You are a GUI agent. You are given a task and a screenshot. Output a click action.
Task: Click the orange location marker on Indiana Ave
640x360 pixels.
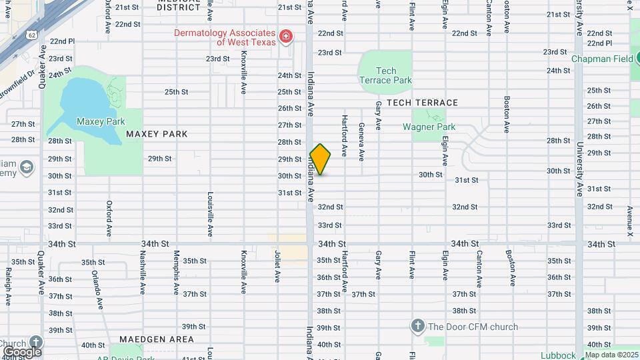click(x=321, y=159)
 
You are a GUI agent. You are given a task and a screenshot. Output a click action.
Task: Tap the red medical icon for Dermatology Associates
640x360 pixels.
click(x=286, y=35)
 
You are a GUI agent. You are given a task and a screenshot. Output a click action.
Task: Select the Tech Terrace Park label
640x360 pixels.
click(x=385, y=75)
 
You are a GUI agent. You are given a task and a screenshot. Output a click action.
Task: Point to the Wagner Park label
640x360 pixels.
click(x=429, y=127)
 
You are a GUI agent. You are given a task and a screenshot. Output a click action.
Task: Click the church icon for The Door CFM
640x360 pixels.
click(x=417, y=326)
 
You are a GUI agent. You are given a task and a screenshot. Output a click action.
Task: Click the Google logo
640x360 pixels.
click(x=22, y=351)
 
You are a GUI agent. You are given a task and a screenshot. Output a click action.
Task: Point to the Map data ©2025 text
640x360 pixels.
click(x=611, y=355)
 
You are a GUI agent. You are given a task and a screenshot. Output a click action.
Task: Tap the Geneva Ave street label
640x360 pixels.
click(x=361, y=141)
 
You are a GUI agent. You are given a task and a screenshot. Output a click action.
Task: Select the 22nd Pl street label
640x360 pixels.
click(x=61, y=41)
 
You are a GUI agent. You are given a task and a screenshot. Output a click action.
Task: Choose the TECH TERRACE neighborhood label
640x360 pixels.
click(x=422, y=103)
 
